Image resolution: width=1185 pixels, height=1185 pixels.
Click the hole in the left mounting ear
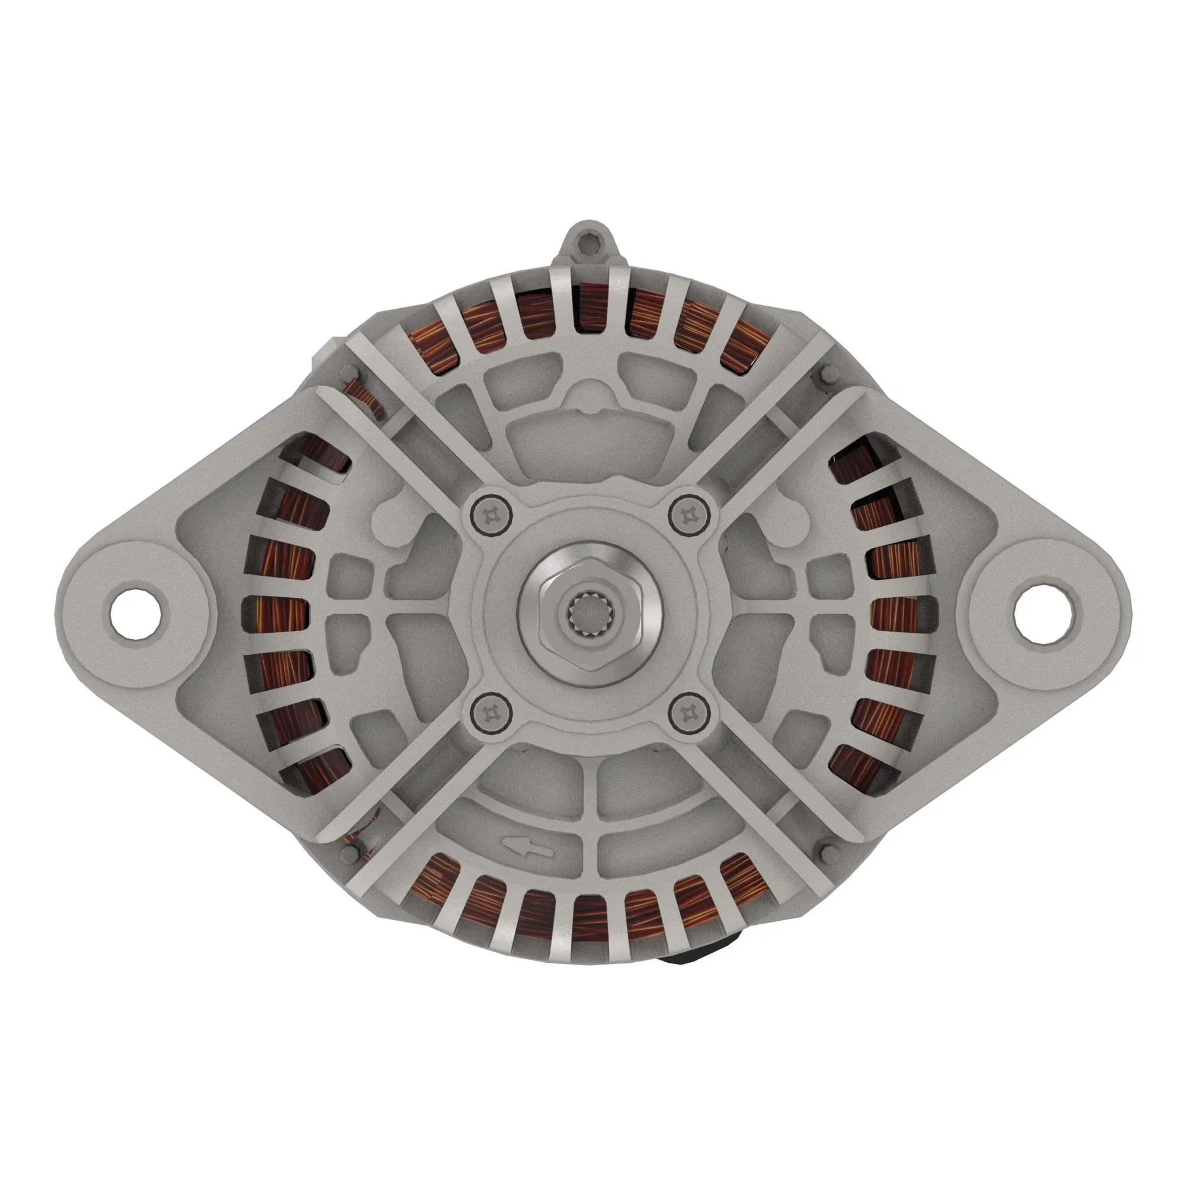pyautogui.click(x=137, y=611)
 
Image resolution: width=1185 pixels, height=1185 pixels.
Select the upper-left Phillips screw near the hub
pyautogui.click(x=491, y=513)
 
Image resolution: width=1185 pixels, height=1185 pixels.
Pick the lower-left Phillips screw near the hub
pyautogui.click(x=491, y=713)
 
